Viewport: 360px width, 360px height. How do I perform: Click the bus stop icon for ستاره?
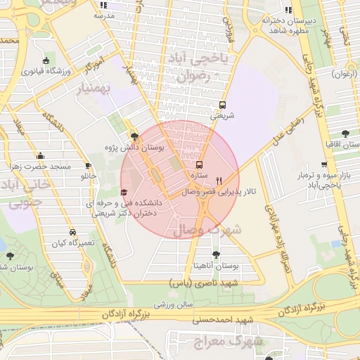(198, 162)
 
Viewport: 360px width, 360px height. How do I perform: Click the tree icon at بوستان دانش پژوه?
(134, 136)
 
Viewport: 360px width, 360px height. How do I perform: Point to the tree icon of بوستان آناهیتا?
(215, 256)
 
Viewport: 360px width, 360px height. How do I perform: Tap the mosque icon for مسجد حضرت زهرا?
(40, 155)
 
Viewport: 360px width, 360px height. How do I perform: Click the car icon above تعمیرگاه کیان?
(72, 231)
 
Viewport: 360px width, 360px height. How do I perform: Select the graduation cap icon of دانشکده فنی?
(124, 192)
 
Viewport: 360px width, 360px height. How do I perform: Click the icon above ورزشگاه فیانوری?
(46, 60)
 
